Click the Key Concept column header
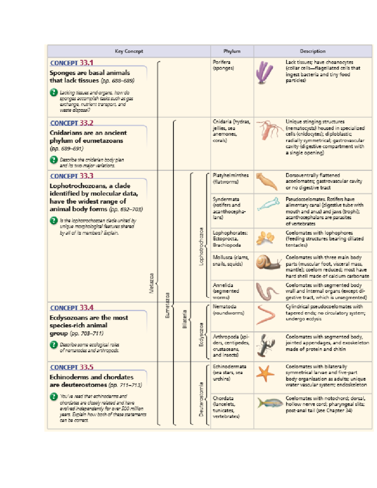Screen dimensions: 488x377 (129, 51)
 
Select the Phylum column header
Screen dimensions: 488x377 (232, 51)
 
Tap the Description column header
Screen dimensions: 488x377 (313, 51)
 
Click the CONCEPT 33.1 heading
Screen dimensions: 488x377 (72, 63)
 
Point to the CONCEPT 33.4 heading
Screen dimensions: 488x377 (72, 308)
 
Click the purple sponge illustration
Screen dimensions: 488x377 (265, 73)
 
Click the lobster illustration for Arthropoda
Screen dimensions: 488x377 (266, 345)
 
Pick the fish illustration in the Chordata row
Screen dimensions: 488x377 (268, 403)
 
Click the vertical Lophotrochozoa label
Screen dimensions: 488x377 (201, 246)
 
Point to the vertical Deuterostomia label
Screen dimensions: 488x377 (201, 399)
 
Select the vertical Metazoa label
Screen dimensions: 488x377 (151, 283)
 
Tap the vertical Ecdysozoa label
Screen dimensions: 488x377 (201, 334)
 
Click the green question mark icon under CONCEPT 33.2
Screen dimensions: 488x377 (54, 160)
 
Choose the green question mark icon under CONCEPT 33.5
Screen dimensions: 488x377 (54, 397)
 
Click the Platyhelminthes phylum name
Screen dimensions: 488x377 (230, 175)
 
